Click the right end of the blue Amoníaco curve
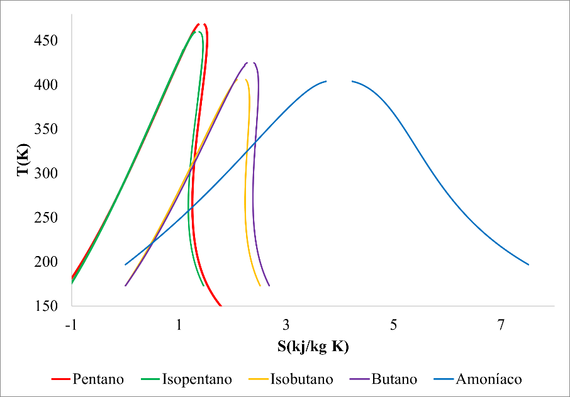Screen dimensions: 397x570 [x=528, y=265]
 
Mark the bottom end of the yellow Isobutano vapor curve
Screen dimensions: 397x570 [x=260, y=286]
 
